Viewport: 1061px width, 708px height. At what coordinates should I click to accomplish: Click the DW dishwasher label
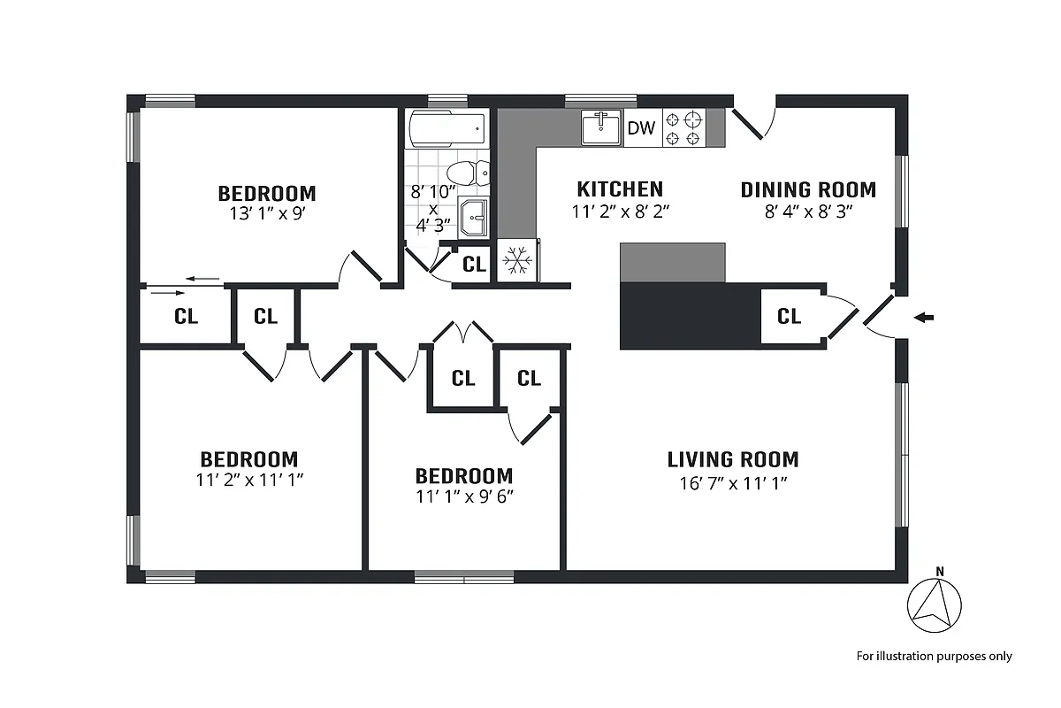641,128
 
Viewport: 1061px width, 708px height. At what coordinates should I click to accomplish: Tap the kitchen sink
602,127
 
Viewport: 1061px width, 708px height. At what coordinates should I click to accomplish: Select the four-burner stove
684,127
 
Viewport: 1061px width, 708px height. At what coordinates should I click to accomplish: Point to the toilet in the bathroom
465,172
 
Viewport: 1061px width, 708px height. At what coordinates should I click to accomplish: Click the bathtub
447,130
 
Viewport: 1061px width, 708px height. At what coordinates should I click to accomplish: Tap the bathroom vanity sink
473,217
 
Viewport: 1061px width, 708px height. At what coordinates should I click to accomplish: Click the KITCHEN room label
620,189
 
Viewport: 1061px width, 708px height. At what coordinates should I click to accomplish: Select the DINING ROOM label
808,189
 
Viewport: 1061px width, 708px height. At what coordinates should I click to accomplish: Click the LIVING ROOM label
733,459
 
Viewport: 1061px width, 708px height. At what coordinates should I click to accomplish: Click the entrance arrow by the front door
923,317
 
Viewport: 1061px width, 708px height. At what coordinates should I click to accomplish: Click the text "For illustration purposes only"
934,657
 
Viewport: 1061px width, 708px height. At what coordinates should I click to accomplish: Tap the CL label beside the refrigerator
475,264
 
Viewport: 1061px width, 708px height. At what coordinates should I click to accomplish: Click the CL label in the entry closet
789,316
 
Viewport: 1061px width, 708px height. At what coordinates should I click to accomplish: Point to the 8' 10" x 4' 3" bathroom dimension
433,207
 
